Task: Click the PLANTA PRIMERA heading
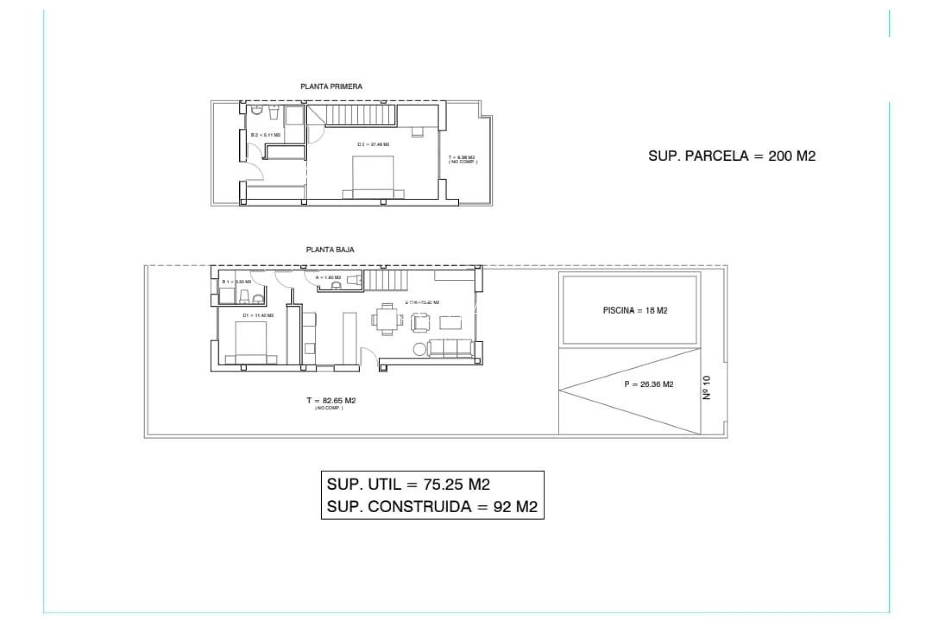(331, 86)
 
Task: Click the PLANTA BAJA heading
(330, 250)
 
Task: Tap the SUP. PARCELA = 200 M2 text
(732, 156)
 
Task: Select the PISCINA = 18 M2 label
(635, 311)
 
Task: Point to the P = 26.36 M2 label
(649, 384)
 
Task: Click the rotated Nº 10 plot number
(707, 387)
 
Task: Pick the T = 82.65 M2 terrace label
(331, 401)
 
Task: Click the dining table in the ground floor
(387, 320)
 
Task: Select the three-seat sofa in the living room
(450, 348)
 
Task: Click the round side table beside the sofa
(419, 349)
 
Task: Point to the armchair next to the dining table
(420, 322)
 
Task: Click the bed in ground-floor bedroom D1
(250, 343)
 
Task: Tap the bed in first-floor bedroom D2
(373, 177)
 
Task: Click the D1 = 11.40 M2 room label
(258, 315)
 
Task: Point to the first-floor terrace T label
(462, 159)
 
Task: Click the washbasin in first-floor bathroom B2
(274, 113)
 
